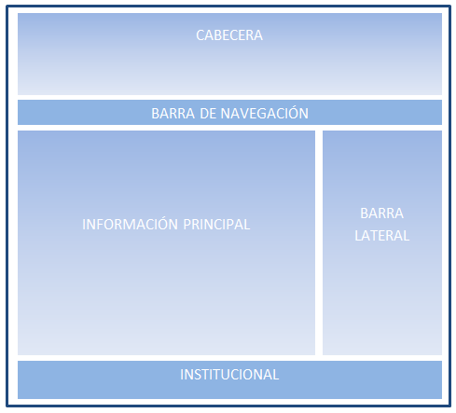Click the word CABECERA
point(229,35)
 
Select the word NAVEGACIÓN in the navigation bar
point(264,113)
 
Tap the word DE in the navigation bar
point(208,114)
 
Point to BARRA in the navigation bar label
point(173,114)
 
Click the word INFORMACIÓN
point(130,224)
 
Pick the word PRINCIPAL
point(216,225)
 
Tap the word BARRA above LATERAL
point(381,213)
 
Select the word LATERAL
point(382,236)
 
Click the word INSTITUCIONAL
point(229,375)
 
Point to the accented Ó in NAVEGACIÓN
point(290,113)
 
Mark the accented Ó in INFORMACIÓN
point(160,224)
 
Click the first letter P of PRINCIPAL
point(187,225)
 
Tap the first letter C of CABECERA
point(200,35)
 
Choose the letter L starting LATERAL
point(358,236)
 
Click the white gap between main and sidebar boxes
point(319,242)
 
